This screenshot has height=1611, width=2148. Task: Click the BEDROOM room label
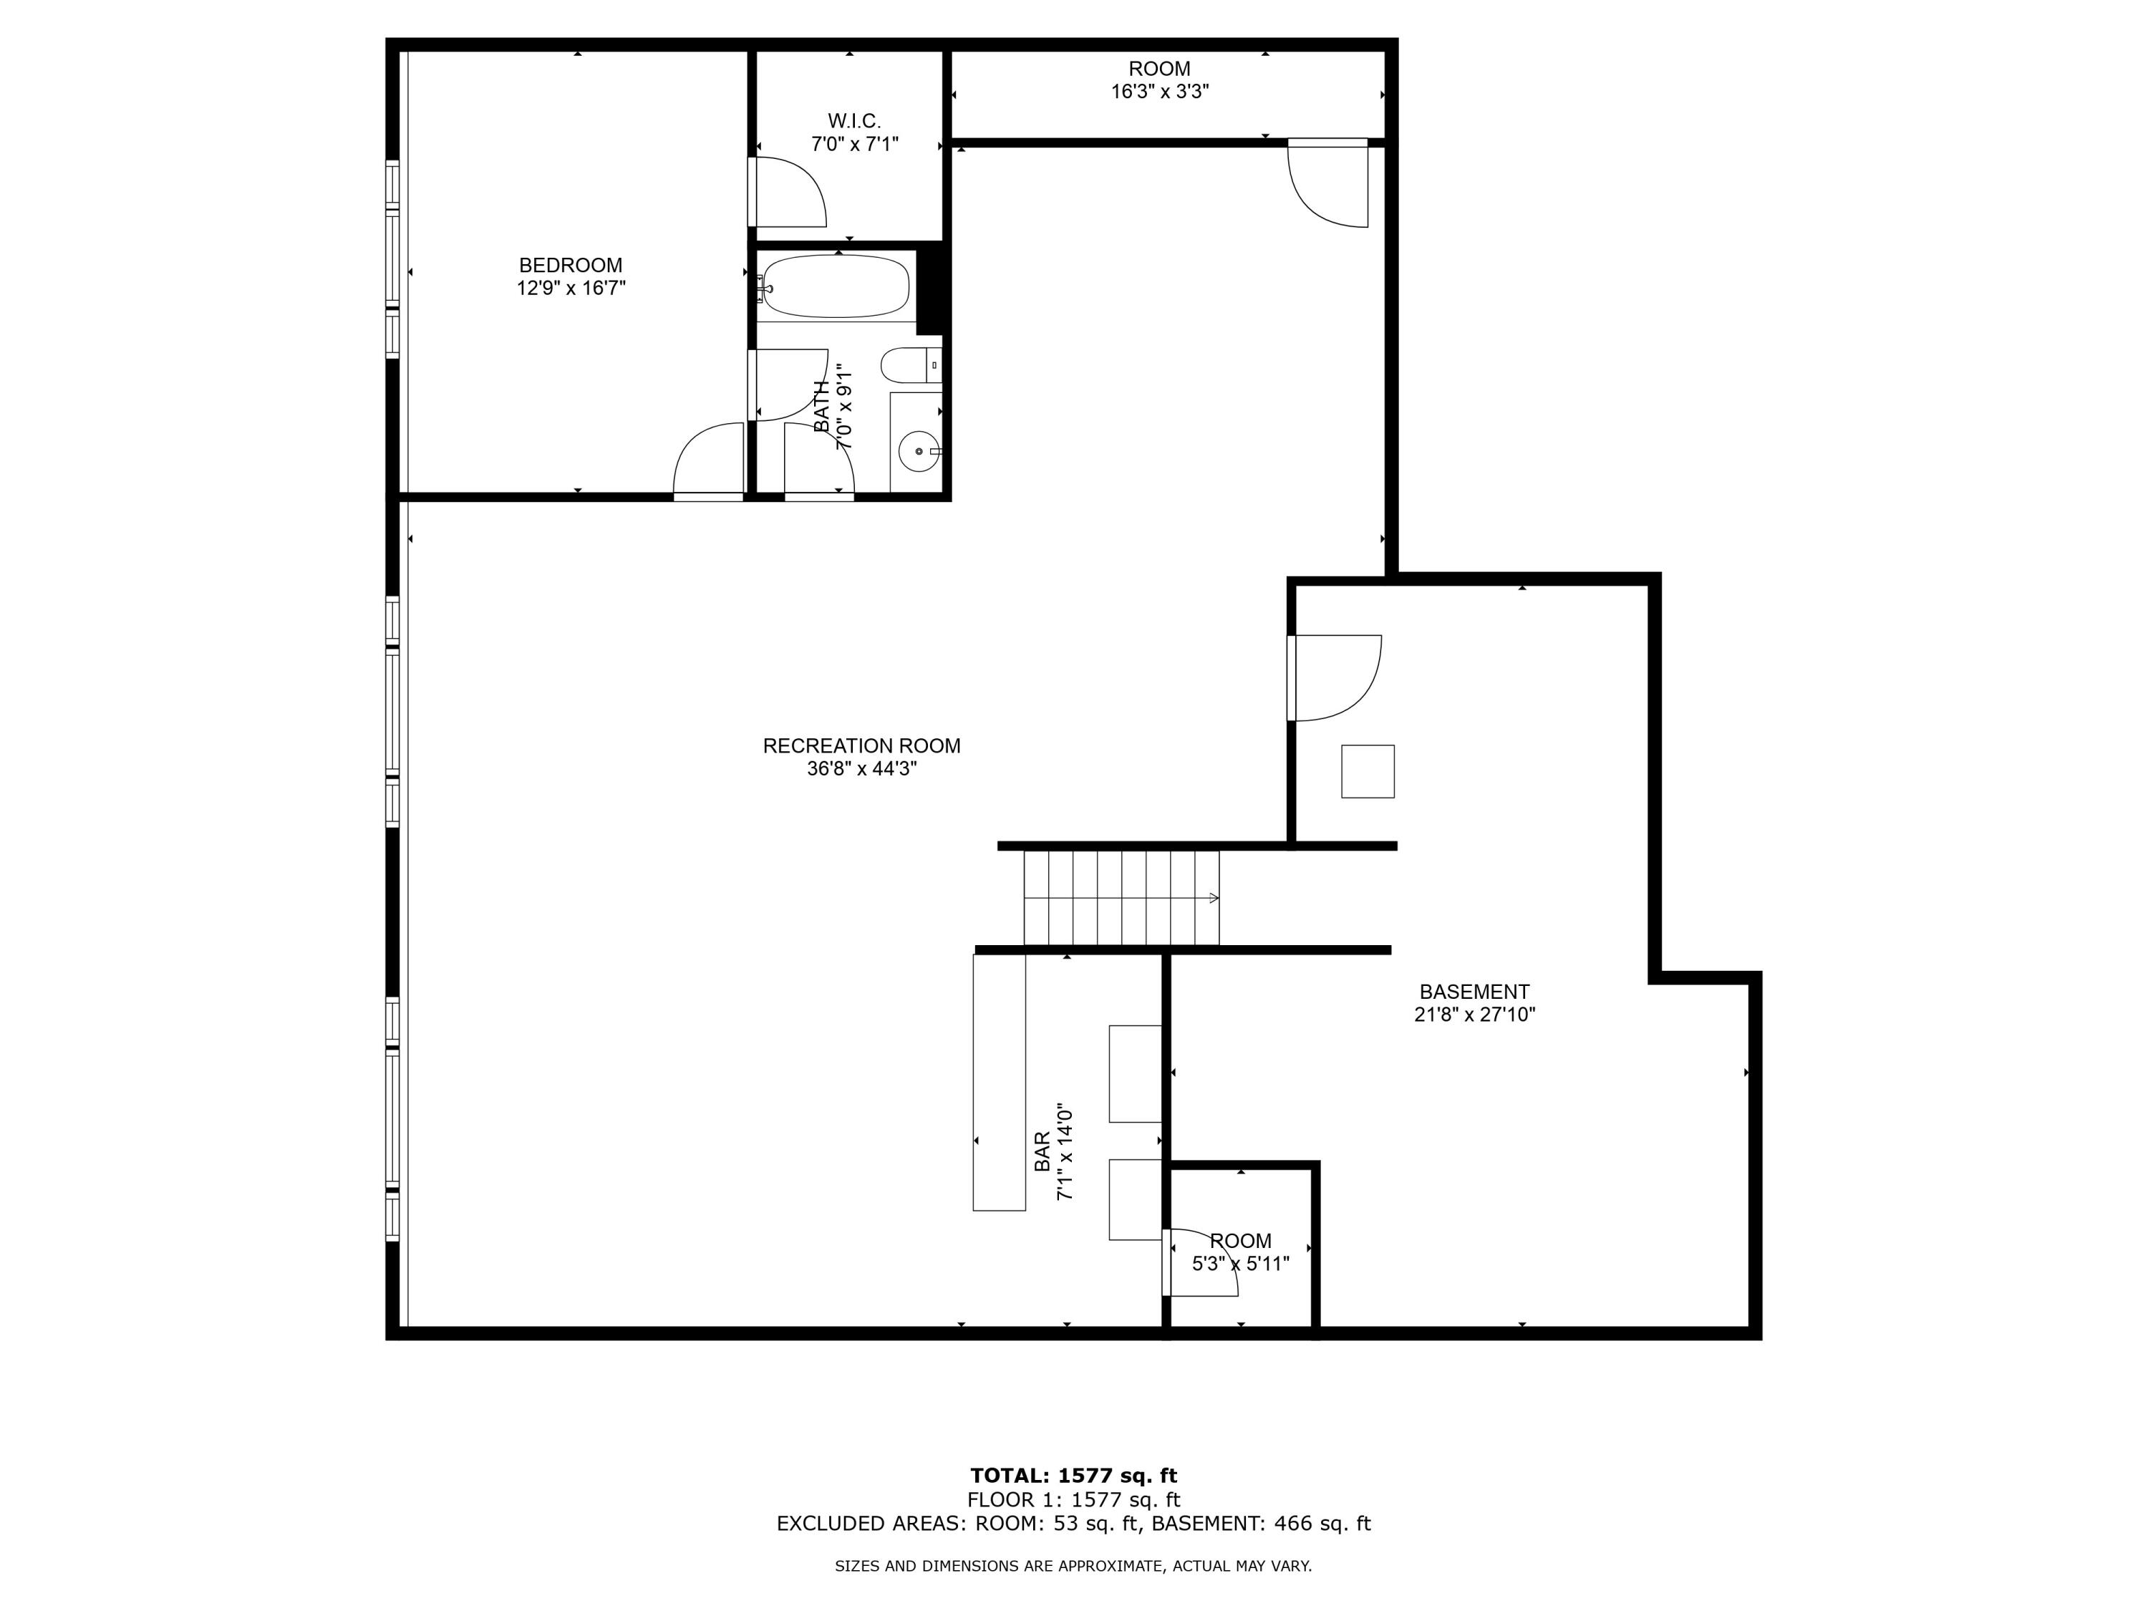pos(570,265)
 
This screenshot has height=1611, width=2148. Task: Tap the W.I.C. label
pos(853,122)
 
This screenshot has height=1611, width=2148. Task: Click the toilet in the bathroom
pos(908,366)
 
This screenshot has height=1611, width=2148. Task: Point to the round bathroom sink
pos(919,453)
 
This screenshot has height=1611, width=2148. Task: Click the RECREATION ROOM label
pos(861,746)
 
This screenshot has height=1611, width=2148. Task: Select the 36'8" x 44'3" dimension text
pos(861,769)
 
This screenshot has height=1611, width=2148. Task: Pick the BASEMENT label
pos(1474,992)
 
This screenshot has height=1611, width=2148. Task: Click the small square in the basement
pos(1368,772)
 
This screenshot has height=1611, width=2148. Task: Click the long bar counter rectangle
pos(1000,1082)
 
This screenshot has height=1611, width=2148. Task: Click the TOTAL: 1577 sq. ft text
pos(1073,1476)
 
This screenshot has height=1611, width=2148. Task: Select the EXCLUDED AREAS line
pos(1073,1524)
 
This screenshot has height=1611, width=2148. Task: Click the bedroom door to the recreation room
pos(708,461)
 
